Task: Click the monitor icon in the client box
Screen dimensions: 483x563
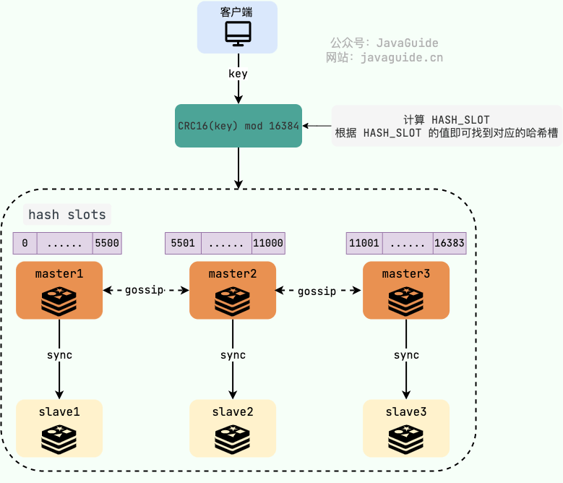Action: click(238, 33)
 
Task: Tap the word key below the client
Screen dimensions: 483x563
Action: click(238, 74)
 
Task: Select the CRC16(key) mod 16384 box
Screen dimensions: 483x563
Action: click(238, 126)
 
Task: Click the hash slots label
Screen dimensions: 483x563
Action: click(67, 215)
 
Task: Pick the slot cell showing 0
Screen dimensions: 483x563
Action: click(25, 243)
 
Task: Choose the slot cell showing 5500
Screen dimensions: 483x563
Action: click(107, 243)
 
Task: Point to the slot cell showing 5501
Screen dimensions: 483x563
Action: click(183, 243)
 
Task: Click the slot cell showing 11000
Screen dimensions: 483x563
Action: click(268, 243)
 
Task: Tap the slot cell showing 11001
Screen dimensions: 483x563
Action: click(364, 243)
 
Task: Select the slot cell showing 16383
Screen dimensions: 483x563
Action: click(450, 243)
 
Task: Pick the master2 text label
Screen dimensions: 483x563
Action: click(233, 274)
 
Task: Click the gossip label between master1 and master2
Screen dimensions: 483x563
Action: click(145, 290)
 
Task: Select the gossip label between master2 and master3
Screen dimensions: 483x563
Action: click(317, 291)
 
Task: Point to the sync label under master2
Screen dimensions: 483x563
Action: click(233, 355)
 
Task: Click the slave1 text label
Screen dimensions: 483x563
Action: click(59, 411)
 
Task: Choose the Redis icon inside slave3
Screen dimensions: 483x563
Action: click(406, 438)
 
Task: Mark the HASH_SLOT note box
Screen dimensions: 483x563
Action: click(447, 126)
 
